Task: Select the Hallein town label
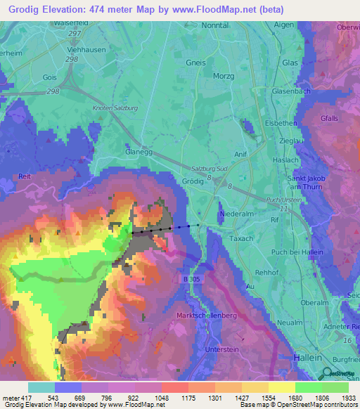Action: click(304, 358)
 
